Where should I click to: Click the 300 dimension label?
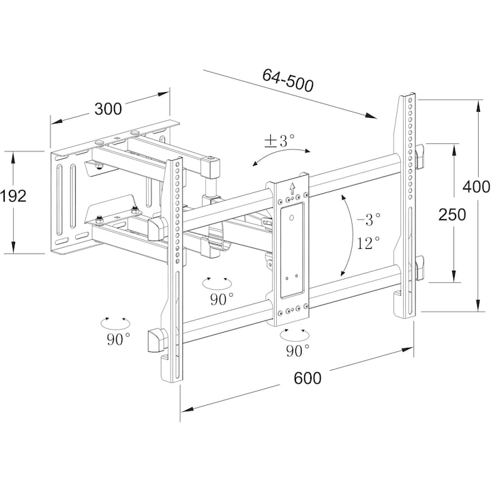coord(108,109)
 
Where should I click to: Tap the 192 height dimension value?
coord(13,196)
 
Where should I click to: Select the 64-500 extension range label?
coord(288,80)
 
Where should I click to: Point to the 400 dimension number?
coord(476,187)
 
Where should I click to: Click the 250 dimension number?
coord(452,215)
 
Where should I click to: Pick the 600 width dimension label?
coord(308,378)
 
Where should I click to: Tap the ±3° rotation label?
coord(280,140)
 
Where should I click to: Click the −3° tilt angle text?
coord(369,219)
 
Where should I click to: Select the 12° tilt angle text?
coord(368,243)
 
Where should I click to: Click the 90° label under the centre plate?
coord(298,351)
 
